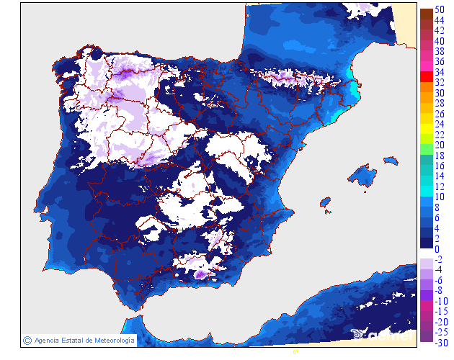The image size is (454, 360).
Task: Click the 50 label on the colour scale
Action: coord(439,10)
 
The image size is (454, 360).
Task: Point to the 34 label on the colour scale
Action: coord(439,72)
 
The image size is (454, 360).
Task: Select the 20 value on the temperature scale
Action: coord(439,145)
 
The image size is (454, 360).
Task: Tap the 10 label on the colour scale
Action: coord(439,197)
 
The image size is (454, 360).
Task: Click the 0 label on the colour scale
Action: coord(437,248)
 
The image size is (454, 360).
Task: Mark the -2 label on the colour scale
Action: coord(438,259)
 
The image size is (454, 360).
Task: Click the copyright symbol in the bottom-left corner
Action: coord(27,340)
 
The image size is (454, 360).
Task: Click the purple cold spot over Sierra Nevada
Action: coord(200,274)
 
